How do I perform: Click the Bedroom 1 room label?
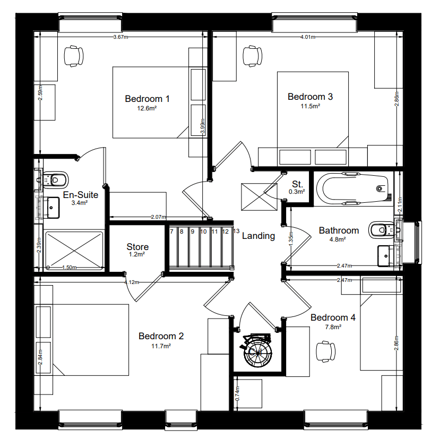tap(147, 99)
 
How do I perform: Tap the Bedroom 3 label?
tap(310, 97)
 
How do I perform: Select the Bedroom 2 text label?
tap(161, 336)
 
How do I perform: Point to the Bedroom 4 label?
tap(333, 317)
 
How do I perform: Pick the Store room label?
tap(137, 247)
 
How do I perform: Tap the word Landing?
tap(258, 236)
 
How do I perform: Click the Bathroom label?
tap(339, 230)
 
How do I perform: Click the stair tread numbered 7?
tap(171, 231)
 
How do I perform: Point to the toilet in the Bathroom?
tap(378, 229)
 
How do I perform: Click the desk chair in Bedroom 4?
tap(325, 351)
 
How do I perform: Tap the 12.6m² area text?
tap(147, 108)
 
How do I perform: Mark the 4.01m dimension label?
tap(308, 37)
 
